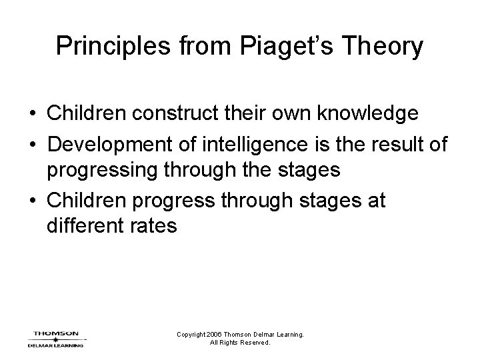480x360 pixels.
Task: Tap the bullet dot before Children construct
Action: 33,114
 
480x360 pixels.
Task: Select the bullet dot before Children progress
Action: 33,199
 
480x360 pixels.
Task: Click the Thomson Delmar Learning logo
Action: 56,339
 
